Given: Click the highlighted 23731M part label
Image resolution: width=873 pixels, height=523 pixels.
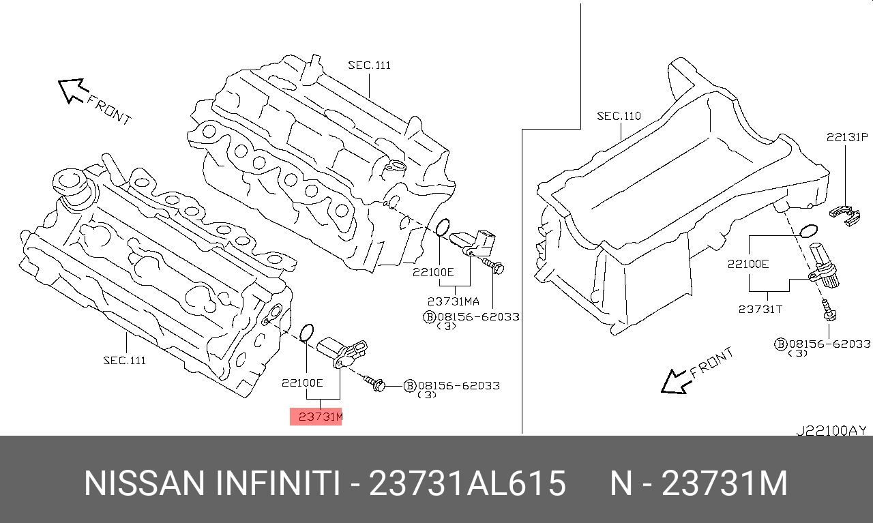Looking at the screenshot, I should click(316, 416).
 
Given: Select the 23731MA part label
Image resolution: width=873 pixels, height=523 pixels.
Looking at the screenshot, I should click(454, 301).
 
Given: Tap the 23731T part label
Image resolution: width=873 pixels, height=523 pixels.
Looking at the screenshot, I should click(760, 309).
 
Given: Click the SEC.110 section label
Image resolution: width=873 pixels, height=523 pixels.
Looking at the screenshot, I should click(619, 117).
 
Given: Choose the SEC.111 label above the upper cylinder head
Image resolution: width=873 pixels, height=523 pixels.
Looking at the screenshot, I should click(369, 65).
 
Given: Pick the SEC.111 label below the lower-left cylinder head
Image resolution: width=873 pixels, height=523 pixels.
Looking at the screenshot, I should click(124, 360).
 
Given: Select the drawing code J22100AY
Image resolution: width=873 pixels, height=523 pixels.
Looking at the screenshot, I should click(831, 430).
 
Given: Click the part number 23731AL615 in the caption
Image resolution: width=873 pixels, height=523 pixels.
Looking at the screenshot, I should click(467, 483).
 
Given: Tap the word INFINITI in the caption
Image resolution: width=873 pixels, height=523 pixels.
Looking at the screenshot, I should click(278, 483).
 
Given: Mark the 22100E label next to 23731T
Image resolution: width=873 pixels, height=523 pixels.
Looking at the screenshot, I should click(748, 264).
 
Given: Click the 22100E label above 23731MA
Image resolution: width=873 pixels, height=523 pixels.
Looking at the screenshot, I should click(432, 271).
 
